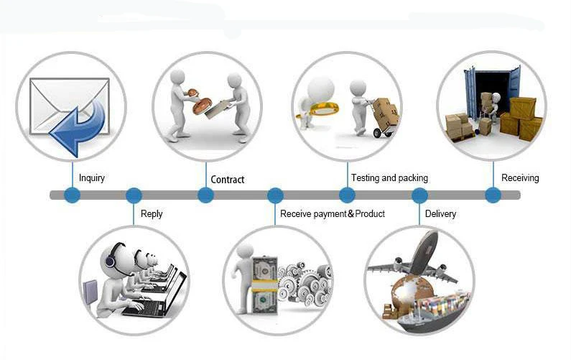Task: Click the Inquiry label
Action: (x=92, y=177)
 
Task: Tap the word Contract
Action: (x=228, y=179)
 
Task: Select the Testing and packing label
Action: (x=389, y=177)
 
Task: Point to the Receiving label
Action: (x=520, y=177)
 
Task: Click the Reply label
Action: (x=152, y=213)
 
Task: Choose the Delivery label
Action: (x=440, y=213)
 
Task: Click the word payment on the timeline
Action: (x=330, y=214)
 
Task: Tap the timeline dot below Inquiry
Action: (x=72, y=195)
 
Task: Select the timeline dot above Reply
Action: (x=134, y=195)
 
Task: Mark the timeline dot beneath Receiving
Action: (x=493, y=195)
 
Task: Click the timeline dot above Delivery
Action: (x=419, y=195)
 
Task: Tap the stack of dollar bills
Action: (x=264, y=286)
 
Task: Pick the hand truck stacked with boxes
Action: (x=384, y=117)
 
